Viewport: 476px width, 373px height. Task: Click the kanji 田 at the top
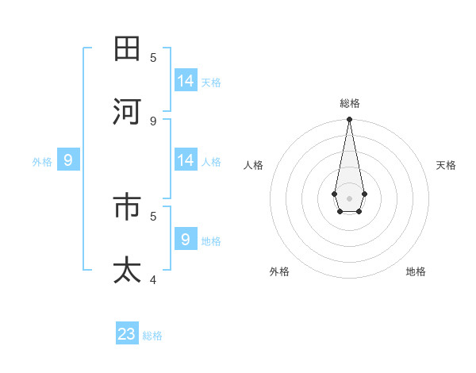tap(128, 49)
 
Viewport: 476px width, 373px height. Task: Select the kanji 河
tap(128, 112)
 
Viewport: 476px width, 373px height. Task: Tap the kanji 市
tap(128, 207)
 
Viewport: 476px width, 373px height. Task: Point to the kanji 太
tap(128, 270)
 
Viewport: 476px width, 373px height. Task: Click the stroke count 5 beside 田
tap(153, 57)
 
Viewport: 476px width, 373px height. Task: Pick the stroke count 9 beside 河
tap(153, 121)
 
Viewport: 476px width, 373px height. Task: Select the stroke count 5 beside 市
tap(153, 215)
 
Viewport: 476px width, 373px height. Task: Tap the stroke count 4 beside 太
tap(153, 279)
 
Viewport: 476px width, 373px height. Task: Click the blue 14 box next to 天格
tap(186, 81)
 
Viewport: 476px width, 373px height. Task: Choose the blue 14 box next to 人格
tap(186, 160)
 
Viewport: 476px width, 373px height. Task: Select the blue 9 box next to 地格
tap(186, 239)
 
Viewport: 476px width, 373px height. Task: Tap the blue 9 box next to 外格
tap(68, 160)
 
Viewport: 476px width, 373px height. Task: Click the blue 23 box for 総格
tap(127, 334)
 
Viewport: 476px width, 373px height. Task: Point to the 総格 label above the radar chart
tap(350, 103)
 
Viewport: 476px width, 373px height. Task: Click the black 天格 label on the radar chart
tap(446, 165)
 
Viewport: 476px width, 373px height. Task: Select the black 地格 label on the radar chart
tap(416, 271)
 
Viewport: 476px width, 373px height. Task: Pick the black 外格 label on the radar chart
tap(279, 271)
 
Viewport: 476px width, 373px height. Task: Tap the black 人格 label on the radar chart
tap(253, 165)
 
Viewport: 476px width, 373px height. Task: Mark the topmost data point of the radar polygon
tap(349, 120)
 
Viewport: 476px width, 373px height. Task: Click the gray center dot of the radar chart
tap(349, 198)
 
